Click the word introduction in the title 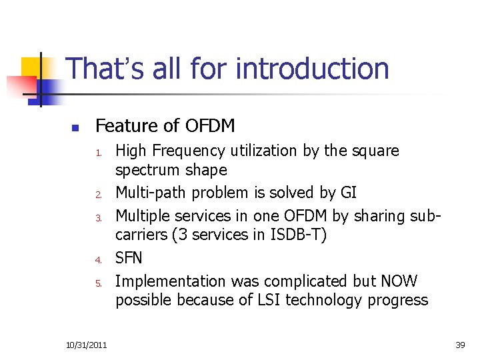click(x=313, y=69)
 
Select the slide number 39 click(x=459, y=344)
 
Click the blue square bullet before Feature click(x=75, y=127)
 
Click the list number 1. click(x=97, y=153)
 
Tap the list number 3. click(x=97, y=218)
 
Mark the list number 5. click(x=97, y=283)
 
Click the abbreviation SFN click(x=129, y=258)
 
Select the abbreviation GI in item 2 click(x=349, y=193)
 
